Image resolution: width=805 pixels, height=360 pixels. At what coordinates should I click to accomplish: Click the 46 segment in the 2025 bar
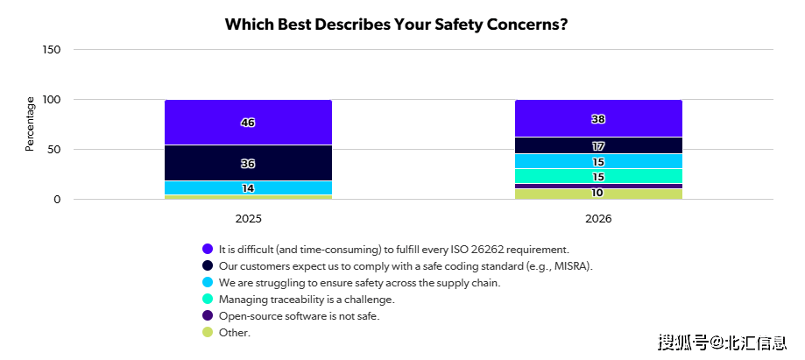(248, 123)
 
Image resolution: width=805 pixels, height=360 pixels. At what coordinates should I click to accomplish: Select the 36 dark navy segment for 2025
(248, 163)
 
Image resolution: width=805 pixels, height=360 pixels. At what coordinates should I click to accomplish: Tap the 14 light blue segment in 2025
(248, 188)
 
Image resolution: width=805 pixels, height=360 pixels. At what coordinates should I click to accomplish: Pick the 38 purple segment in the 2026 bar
(598, 119)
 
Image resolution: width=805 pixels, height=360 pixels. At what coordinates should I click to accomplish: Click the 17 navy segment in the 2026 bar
(598, 145)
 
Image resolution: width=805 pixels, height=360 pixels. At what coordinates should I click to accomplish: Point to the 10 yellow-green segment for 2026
(598, 194)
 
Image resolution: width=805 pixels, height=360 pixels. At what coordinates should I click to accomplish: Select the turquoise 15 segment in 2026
(598, 176)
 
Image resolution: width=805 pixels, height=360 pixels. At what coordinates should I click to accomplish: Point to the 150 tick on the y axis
(52, 50)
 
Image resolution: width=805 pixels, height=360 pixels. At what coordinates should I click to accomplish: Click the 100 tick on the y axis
(52, 100)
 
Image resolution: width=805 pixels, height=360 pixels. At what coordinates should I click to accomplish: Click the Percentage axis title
(30, 124)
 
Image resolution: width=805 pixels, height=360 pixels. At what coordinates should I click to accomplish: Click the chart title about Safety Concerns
(396, 24)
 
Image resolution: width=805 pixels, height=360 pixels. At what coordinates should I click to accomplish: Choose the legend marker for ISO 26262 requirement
(208, 249)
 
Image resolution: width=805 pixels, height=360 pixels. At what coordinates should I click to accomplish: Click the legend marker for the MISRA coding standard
(208, 265)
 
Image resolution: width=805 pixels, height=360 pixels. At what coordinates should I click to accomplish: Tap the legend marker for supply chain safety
(208, 282)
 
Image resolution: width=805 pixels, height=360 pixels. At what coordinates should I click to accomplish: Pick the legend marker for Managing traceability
(208, 299)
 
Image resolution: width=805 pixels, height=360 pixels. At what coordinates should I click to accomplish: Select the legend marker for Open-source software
(208, 315)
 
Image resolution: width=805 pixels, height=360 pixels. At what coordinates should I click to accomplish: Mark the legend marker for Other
(208, 332)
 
